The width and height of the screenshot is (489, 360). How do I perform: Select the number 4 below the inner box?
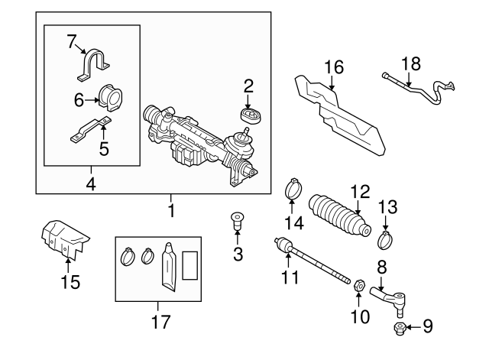91,183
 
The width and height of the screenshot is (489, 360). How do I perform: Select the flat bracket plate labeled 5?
92,131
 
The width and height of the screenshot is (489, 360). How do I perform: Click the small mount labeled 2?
248,115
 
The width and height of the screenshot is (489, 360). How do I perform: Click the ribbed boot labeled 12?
340,216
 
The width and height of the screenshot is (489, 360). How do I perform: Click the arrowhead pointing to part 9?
408,328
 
